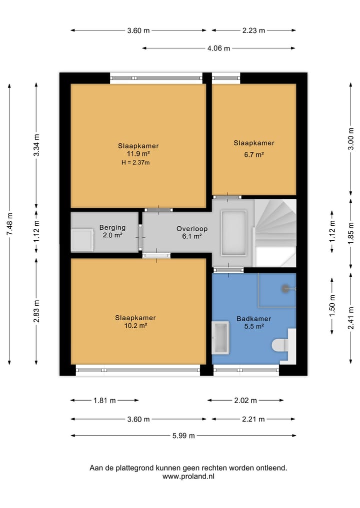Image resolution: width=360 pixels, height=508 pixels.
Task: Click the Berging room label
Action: pyautogui.click(x=112, y=227)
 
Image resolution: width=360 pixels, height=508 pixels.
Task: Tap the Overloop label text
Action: pyautogui.click(x=192, y=229)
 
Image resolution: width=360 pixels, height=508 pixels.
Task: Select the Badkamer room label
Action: pyautogui.click(x=254, y=319)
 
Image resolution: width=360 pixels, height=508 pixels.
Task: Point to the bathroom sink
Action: pyautogui.click(x=220, y=338)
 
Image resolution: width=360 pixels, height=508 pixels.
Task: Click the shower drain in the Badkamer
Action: pyautogui.click(x=285, y=288)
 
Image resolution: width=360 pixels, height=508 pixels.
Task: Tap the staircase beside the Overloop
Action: pyautogui.click(x=275, y=233)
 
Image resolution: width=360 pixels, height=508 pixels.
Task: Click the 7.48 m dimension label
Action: pyautogui.click(x=9, y=224)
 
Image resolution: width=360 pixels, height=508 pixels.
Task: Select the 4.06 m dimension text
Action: pyautogui.click(x=218, y=48)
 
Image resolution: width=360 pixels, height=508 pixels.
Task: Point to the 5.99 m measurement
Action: pyautogui.click(x=183, y=436)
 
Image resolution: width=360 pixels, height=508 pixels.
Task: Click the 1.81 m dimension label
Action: pyautogui.click(x=104, y=401)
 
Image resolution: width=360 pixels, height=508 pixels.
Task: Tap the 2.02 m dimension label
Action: pyautogui.click(x=245, y=401)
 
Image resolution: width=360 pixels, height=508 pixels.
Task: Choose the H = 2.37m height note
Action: pyautogui.click(x=135, y=163)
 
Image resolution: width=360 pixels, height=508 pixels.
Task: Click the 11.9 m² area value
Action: pyautogui.click(x=138, y=154)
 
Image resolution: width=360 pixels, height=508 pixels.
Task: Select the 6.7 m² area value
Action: pyautogui.click(x=254, y=155)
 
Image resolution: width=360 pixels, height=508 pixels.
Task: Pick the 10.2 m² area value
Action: pyautogui.click(x=135, y=326)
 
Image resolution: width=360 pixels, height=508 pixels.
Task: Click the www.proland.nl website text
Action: pyautogui.click(x=188, y=476)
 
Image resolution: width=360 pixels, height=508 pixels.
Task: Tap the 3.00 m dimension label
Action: pyautogui.click(x=351, y=139)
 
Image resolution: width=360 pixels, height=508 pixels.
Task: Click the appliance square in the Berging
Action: pyautogui.click(x=82, y=240)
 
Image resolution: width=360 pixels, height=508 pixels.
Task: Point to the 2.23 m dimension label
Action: pyautogui.click(x=253, y=30)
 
